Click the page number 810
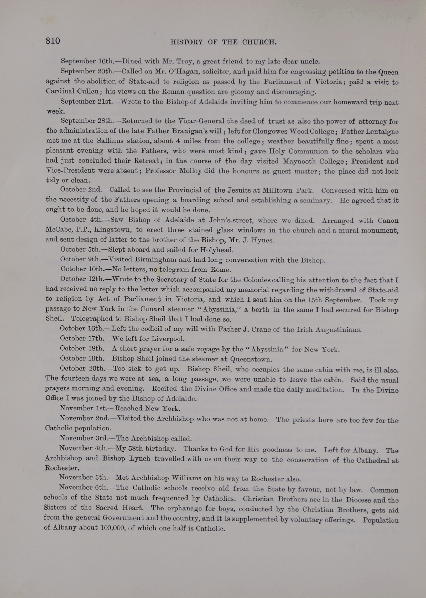53,41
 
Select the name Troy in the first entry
185,61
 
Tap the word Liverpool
168,339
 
